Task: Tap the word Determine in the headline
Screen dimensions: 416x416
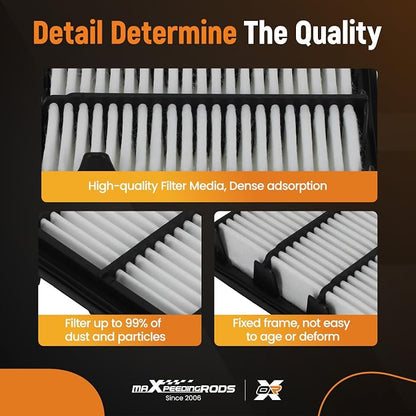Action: [x=175, y=32]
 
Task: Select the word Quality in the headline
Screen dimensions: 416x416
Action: [x=338, y=34]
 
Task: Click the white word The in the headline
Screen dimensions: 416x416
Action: [x=267, y=32]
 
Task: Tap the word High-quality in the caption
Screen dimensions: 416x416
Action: [x=122, y=187]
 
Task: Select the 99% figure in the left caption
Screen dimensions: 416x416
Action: [x=134, y=323]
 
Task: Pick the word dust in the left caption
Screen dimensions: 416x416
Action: [x=75, y=337]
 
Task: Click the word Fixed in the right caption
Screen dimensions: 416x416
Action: [x=247, y=323]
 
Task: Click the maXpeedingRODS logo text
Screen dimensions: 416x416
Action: [x=184, y=388]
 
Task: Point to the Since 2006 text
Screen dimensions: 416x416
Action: [x=183, y=398]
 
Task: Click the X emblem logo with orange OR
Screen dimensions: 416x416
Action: [x=269, y=390]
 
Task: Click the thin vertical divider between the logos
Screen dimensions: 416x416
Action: [x=245, y=390]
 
